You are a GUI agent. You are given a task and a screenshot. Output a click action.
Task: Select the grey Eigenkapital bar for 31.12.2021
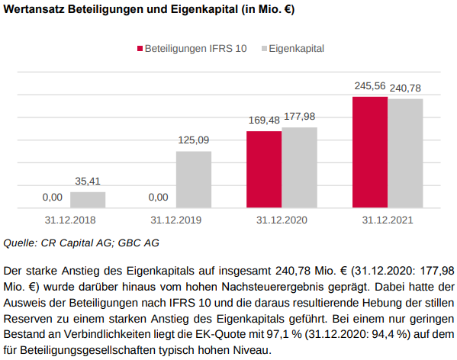pos(405,153)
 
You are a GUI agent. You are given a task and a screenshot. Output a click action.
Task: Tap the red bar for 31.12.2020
pos(264,169)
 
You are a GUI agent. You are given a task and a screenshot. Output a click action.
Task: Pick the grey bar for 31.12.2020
pos(299,167)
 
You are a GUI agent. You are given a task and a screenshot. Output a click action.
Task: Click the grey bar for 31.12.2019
pos(193,179)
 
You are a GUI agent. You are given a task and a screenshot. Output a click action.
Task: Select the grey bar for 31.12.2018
pos(88,200)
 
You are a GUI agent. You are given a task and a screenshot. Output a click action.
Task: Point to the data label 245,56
pos(370,86)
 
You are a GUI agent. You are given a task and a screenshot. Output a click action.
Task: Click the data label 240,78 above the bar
pos(405,88)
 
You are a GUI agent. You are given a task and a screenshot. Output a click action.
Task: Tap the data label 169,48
pos(264,121)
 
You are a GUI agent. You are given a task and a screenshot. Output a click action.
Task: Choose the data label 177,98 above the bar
pos(299,116)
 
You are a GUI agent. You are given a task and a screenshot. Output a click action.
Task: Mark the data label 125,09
pos(193,140)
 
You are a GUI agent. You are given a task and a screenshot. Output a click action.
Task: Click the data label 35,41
pos(88,181)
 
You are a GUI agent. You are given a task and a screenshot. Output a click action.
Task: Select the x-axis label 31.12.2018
pos(70,220)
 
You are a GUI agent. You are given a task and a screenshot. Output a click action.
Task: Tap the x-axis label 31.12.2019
pos(175,220)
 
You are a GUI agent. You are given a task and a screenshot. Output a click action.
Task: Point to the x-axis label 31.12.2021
pos(388,220)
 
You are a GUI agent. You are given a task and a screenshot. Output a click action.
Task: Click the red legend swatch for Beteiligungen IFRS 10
pos(140,48)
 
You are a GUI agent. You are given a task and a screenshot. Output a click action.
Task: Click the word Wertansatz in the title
pos(34,11)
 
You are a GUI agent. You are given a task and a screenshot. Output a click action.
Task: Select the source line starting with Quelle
pos(82,243)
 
